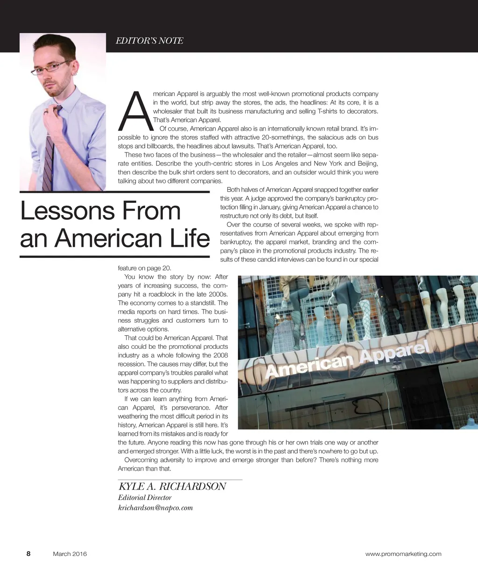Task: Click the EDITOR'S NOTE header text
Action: point(149,41)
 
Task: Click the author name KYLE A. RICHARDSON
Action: point(172,486)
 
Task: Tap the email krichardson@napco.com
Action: point(155,508)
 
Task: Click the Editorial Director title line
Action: point(145,498)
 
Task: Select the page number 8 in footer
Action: point(28,554)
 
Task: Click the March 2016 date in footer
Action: point(70,554)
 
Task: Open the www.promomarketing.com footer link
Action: point(403,554)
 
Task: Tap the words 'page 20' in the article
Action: point(160,268)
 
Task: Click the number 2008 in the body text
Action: point(220,355)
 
